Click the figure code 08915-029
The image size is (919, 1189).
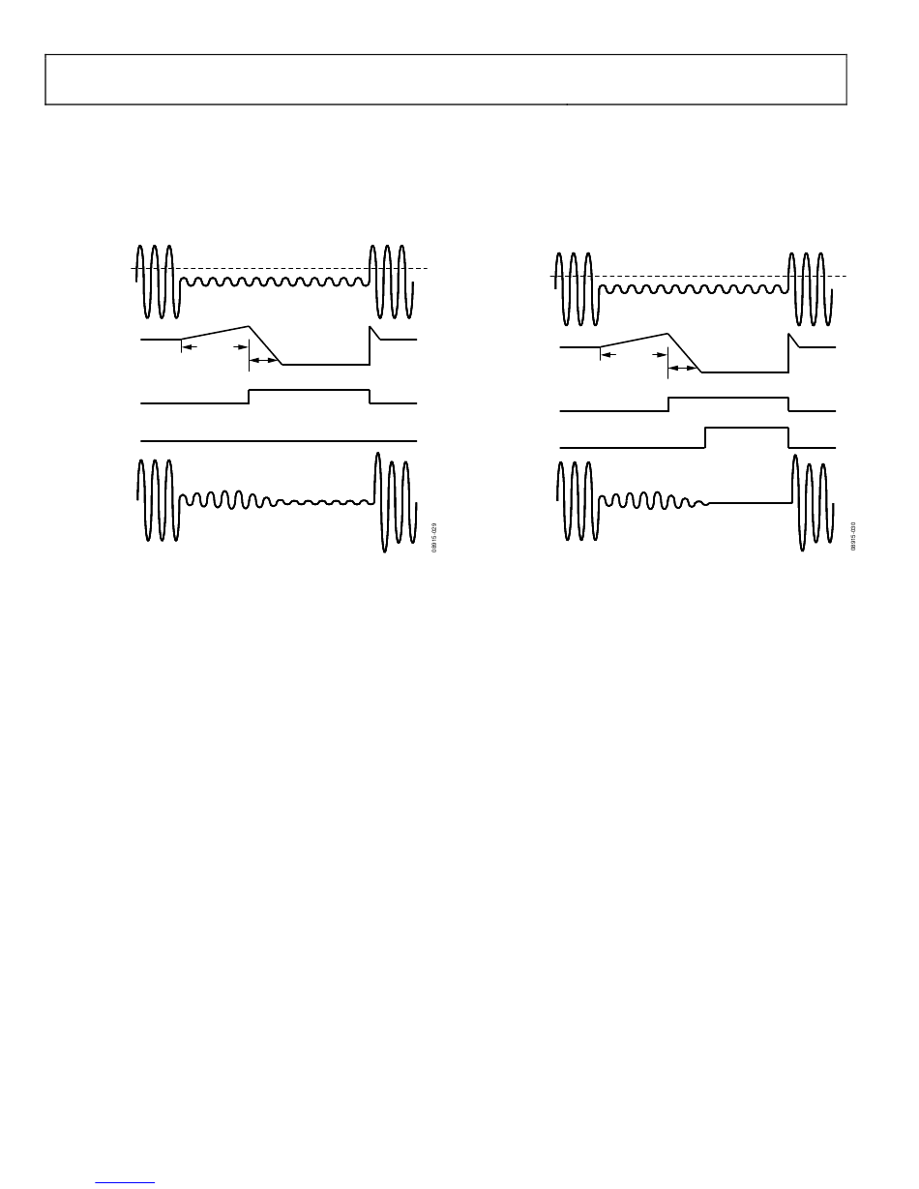[436, 537]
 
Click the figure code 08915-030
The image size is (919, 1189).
[854, 537]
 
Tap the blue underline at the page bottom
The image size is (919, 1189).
[126, 1181]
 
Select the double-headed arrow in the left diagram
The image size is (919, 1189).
[263, 360]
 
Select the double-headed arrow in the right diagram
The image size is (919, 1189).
[683, 368]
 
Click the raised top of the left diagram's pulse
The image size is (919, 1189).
[310, 390]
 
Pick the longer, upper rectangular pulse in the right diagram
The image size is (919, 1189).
[727, 398]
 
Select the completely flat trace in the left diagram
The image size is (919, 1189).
[280, 440]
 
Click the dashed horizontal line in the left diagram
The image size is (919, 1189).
[281, 268]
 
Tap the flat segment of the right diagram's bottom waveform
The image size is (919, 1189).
[750, 503]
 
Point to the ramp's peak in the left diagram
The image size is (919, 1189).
[250, 327]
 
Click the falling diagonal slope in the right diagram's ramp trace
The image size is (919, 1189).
[685, 353]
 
